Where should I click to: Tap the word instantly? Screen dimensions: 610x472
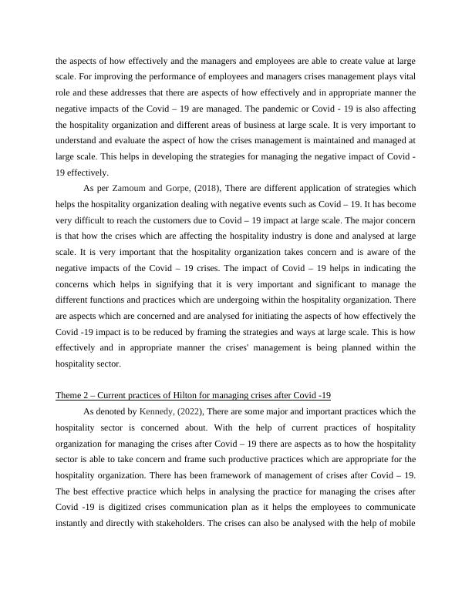click(x=80, y=525)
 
